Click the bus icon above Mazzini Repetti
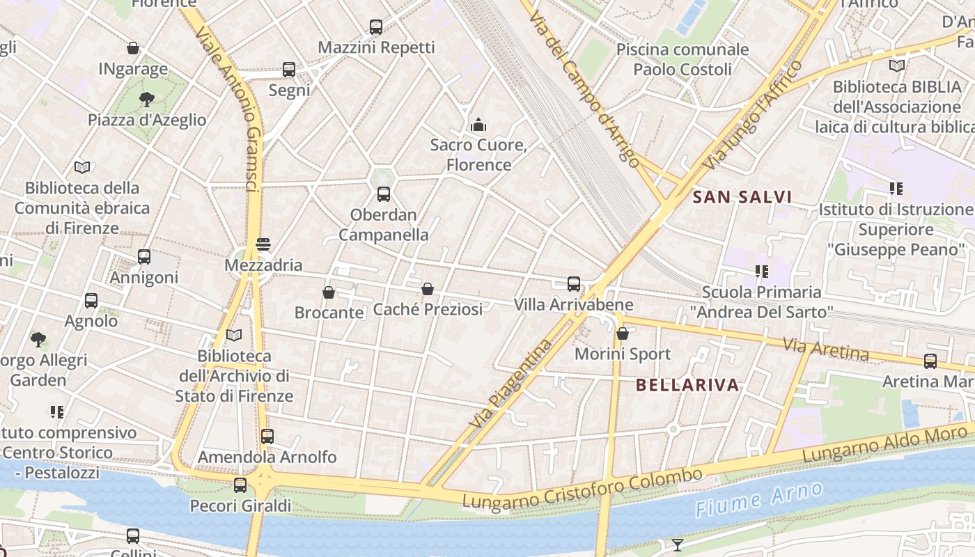pos(376,27)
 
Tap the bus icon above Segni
pos(289,70)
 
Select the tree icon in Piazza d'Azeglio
pos(146,99)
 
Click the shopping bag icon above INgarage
pos(133,48)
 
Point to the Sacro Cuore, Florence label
pos(478,155)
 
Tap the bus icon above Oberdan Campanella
pos(384,194)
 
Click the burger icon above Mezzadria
pos(263,244)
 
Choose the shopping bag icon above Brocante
pos(329,292)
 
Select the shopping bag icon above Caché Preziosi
pos(428,289)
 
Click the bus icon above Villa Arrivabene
pos(574,284)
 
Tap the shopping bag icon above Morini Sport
pos(623,334)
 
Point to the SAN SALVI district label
pos(742,197)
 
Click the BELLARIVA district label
pos(687,385)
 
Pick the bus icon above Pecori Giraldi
pos(240,485)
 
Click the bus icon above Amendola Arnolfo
pos(267,437)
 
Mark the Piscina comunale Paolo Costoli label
pos(682,59)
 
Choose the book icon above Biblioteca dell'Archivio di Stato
pos(234,336)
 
